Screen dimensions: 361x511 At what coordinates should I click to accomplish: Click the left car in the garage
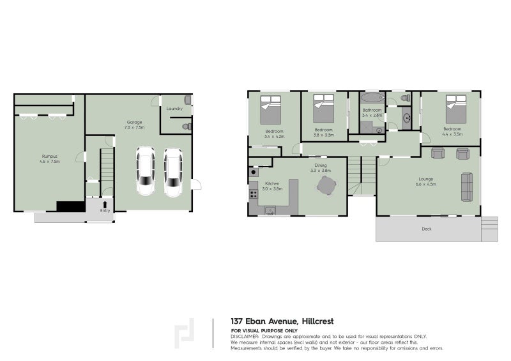click(146, 171)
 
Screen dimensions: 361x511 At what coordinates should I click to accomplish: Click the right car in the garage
click(173, 171)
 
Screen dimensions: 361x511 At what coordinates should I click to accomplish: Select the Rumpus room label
click(50, 156)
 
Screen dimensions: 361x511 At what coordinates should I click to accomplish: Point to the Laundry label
click(174, 109)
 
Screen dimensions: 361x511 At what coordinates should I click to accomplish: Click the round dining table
click(326, 186)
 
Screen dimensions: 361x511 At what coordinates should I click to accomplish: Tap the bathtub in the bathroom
click(372, 98)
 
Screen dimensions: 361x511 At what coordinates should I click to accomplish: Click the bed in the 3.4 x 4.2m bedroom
click(270, 110)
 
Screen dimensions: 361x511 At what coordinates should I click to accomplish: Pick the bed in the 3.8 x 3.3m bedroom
click(323, 109)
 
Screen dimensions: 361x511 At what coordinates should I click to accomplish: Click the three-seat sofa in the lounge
click(468, 187)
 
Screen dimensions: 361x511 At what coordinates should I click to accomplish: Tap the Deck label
click(426, 229)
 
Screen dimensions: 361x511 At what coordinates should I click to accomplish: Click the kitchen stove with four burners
click(254, 194)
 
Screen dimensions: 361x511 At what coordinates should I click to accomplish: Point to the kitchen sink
click(270, 210)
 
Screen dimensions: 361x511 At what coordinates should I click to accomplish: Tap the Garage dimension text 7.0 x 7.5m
click(135, 128)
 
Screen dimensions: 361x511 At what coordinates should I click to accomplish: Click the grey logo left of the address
click(185, 332)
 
